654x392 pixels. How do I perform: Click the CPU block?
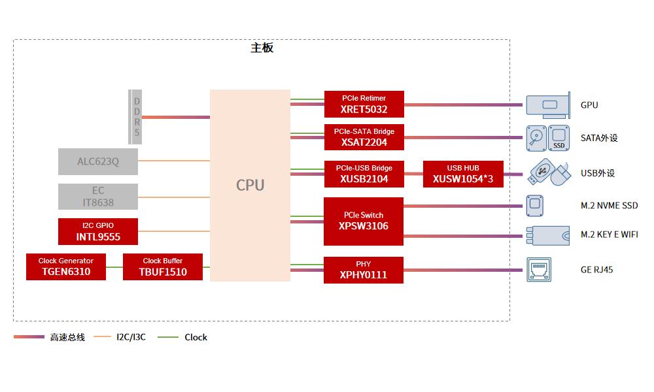(x=250, y=186)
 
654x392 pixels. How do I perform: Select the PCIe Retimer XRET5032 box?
(x=364, y=105)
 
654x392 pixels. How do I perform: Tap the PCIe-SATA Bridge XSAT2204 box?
(x=364, y=138)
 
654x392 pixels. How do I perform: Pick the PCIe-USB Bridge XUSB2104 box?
(x=364, y=173)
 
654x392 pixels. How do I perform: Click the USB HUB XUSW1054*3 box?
(x=463, y=174)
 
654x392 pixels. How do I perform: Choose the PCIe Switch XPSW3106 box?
(x=364, y=221)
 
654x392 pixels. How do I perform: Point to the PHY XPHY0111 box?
(x=364, y=270)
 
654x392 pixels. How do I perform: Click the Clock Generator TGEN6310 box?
(x=66, y=267)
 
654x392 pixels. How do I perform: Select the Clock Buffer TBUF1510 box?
(x=163, y=267)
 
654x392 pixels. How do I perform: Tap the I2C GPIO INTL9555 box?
(x=98, y=231)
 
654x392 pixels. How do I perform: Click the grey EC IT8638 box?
(x=98, y=197)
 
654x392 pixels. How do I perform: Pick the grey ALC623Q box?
(x=98, y=161)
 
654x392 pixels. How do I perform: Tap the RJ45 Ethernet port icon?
(x=540, y=270)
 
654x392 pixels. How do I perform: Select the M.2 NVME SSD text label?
(x=609, y=206)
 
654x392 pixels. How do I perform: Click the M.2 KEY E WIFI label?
(x=609, y=235)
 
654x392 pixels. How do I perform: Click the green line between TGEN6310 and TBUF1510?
(x=114, y=267)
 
